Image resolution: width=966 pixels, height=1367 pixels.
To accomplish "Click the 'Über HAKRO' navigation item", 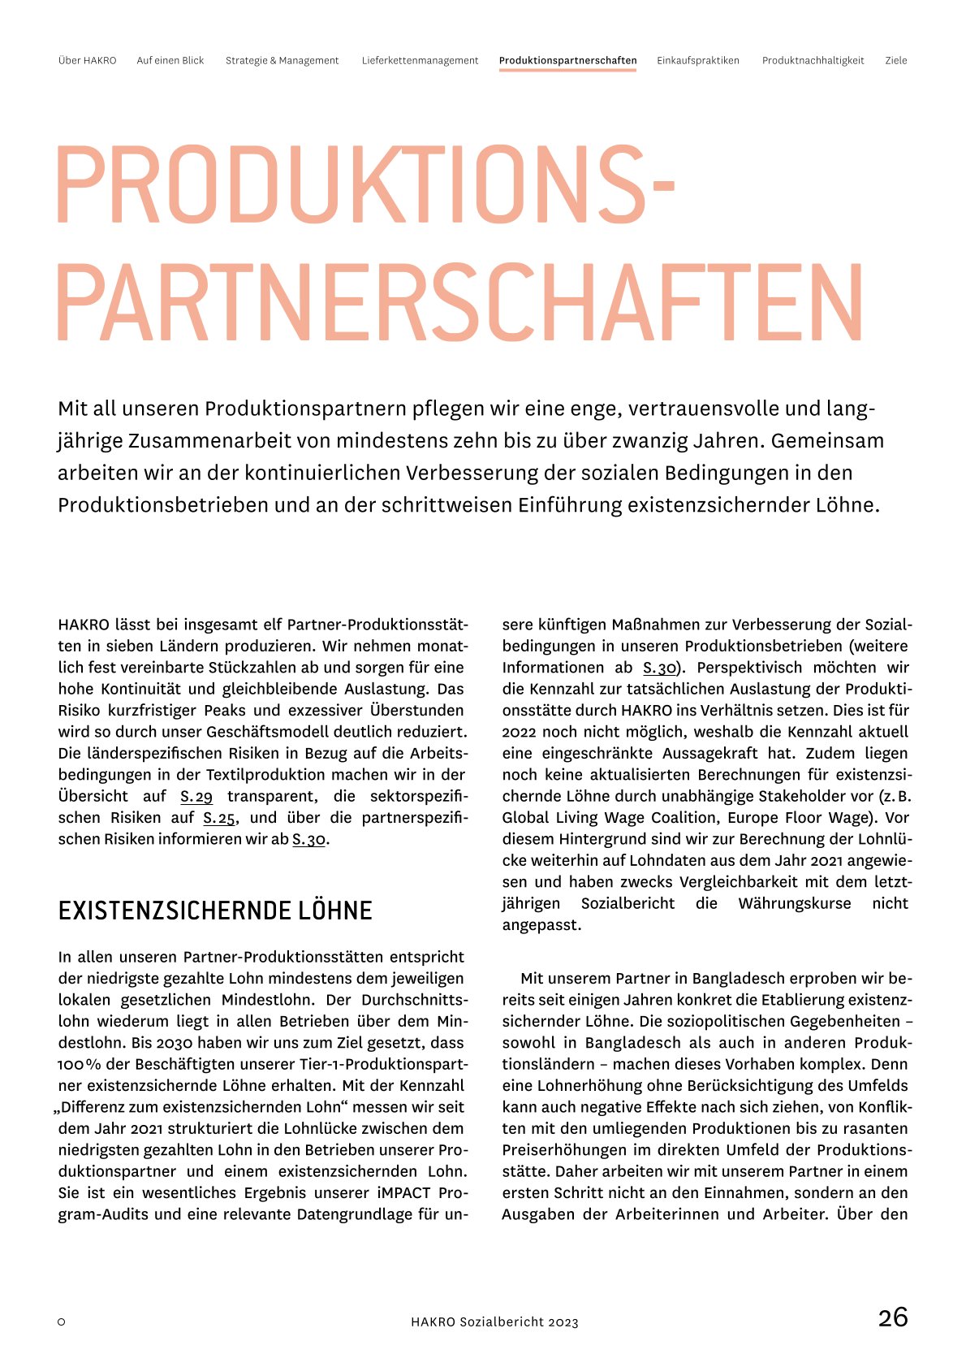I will click(x=87, y=61).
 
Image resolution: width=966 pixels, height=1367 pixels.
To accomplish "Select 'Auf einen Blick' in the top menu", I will click(x=170, y=61).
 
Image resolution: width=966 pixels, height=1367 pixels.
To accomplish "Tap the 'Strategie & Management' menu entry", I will click(x=282, y=61).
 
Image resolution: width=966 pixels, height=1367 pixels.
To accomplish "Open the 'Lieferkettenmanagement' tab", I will click(x=420, y=61).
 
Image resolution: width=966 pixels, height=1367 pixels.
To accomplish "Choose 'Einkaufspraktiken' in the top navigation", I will click(x=698, y=61).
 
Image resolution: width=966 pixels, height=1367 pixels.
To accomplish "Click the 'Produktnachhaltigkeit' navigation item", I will click(x=813, y=61).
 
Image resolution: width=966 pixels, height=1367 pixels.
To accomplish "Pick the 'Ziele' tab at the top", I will click(x=895, y=61).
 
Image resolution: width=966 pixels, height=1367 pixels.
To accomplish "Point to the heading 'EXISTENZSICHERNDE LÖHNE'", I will click(x=215, y=911).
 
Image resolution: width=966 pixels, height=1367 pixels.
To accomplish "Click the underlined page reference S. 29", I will click(x=196, y=797).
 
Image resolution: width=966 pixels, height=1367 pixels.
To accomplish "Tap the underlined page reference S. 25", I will click(x=219, y=818).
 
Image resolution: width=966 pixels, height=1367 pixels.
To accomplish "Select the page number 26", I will click(x=893, y=1317).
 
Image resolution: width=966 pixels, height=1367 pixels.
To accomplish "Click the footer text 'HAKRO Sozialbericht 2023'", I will click(x=494, y=1322).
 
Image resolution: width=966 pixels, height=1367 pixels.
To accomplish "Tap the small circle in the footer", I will click(x=62, y=1322).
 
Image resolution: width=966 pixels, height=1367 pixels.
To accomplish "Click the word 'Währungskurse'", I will click(x=795, y=904).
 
